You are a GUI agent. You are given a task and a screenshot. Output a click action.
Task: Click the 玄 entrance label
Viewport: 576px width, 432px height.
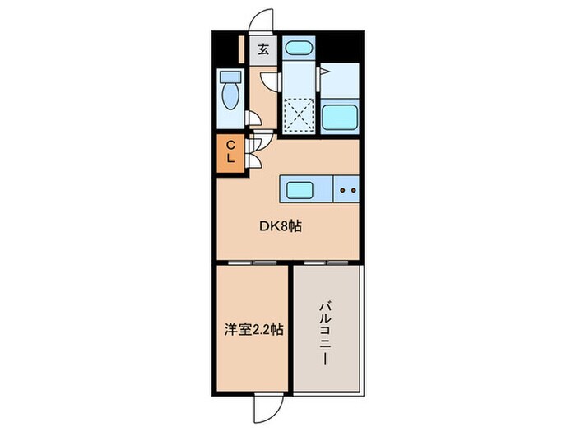[x=263, y=49]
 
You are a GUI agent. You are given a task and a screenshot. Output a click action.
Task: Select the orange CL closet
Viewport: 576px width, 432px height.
[x=231, y=154]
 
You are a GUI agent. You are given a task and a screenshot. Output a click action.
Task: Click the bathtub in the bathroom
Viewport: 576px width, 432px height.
[x=338, y=117]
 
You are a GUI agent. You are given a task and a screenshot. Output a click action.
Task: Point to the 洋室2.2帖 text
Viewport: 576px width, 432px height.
[x=253, y=330]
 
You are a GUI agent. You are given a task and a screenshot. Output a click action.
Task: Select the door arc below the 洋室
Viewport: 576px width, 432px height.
[x=267, y=405]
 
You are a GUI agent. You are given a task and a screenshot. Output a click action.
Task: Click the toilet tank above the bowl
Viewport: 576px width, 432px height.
[x=229, y=78]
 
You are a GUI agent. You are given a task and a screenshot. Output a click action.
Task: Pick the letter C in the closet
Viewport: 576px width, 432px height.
[x=231, y=146]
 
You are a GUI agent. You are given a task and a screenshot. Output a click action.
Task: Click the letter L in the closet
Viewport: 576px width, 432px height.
[x=231, y=160]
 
